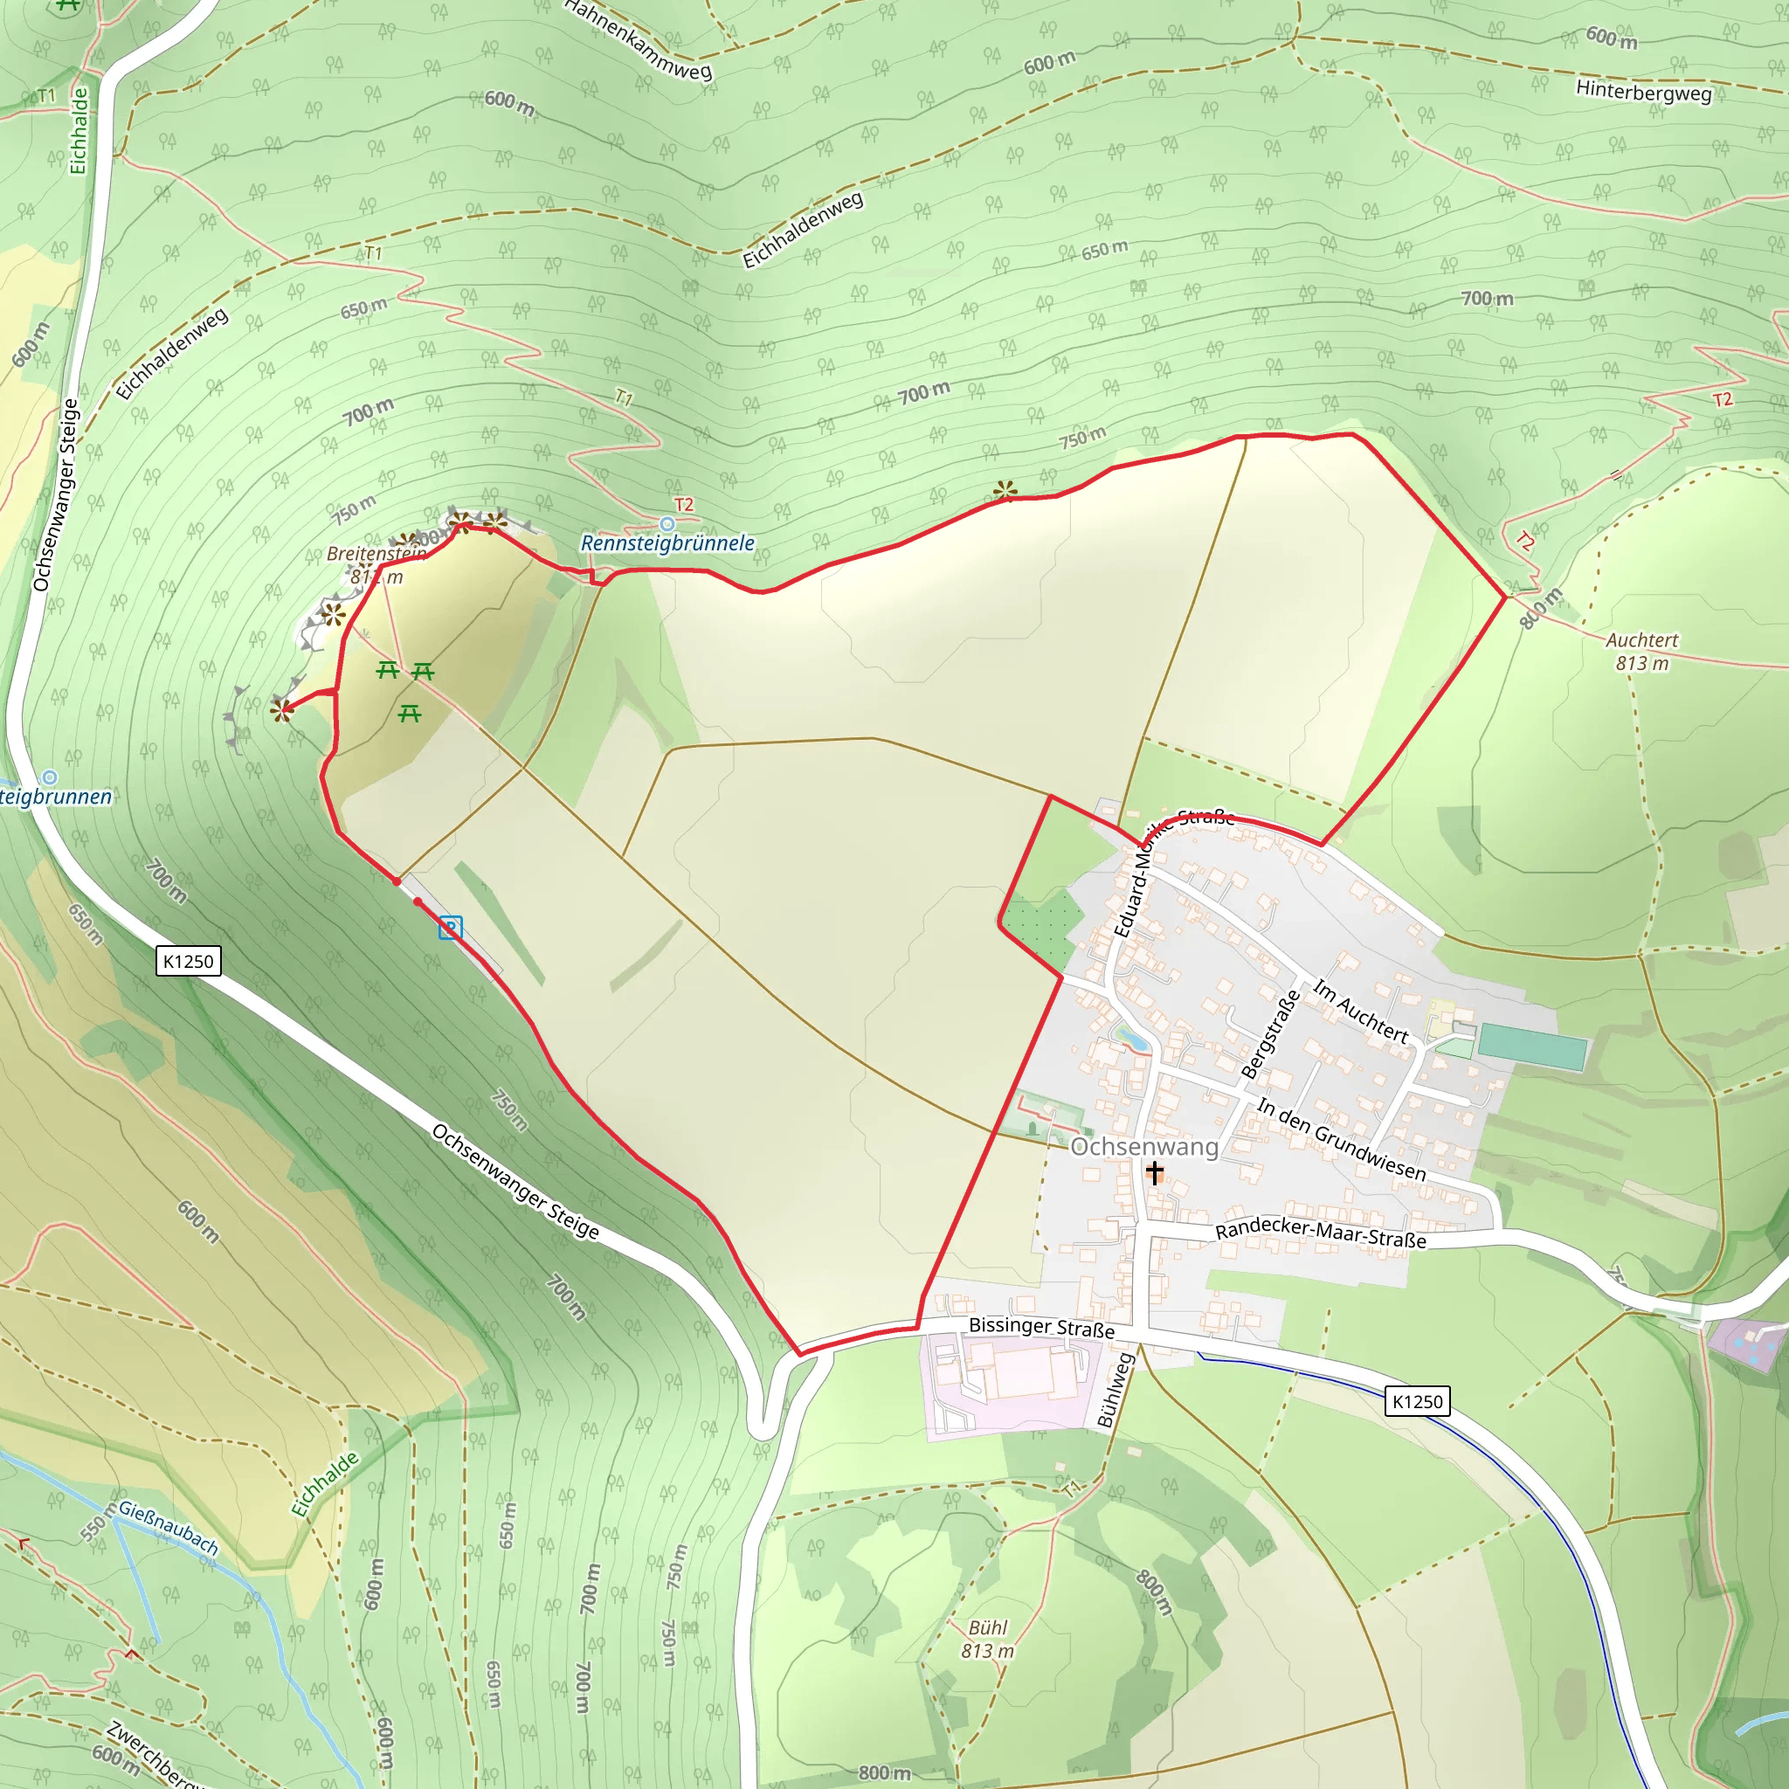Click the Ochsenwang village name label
[x=1143, y=1146]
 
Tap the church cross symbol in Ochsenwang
[x=1155, y=1173]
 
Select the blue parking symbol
[x=450, y=927]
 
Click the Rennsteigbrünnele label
[x=667, y=543]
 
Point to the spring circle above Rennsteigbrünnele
[x=667, y=525]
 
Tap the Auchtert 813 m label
[x=1641, y=651]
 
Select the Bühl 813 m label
[x=988, y=1639]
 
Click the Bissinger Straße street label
[x=1042, y=1327]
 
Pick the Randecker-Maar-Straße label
[x=1321, y=1233]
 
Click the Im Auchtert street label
[x=1360, y=1012]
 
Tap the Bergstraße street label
[x=1270, y=1034]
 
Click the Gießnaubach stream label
[x=169, y=1529]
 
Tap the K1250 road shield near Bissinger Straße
[x=1417, y=1401]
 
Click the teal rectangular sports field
[x=1532, y=1047]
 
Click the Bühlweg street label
[x=1115, y=1390]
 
